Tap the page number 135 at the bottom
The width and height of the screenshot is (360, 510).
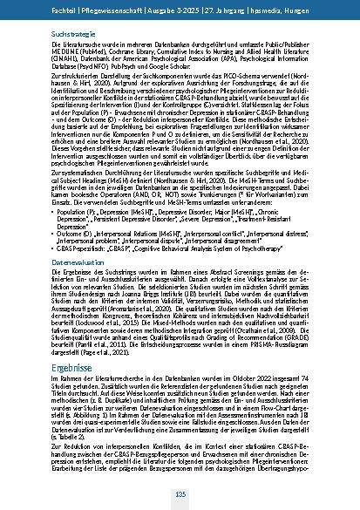click(x=180, y=494)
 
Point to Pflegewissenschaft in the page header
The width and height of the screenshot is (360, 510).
click(x=118, y=9)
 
